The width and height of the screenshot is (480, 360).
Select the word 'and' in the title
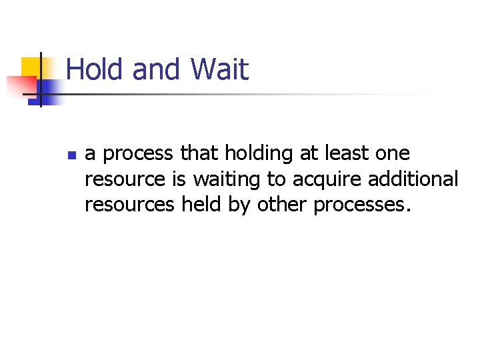point(157,69)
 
